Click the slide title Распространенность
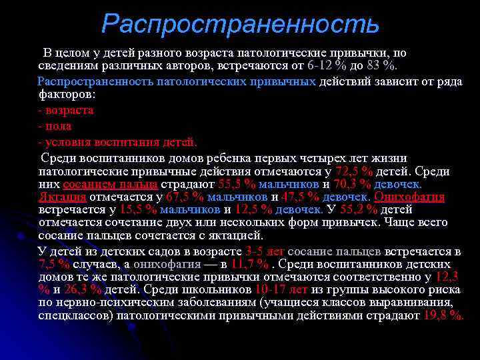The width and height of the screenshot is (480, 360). pos(240,25)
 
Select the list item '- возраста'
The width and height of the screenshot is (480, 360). pos(66,110)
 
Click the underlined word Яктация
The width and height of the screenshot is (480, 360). pos(63,197)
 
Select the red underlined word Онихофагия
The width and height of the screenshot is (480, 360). pos(409,197)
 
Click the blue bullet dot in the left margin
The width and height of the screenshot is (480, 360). pos(22,237)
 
